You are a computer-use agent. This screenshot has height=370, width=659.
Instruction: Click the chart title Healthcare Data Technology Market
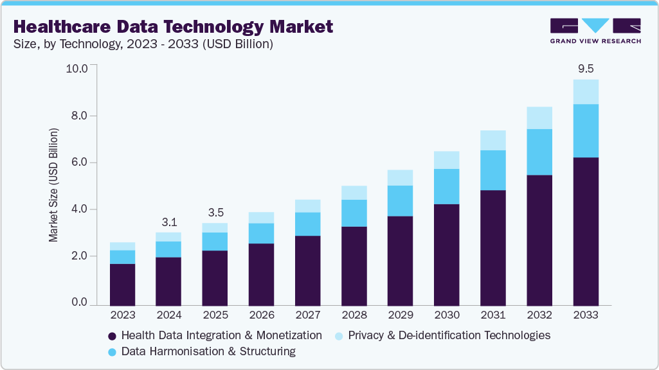tap(173, 26)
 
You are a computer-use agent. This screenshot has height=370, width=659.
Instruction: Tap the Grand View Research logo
tap(595, 31)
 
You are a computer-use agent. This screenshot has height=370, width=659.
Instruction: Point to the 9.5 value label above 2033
tap(586, 68)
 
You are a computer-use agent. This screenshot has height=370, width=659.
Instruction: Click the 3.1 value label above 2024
tap(168, 222)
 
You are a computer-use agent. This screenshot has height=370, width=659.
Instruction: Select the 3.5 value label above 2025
tap(215, 213)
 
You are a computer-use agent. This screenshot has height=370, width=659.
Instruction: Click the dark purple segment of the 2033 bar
tap(586, 231)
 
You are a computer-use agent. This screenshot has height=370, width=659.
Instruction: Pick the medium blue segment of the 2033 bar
tap(586, 130)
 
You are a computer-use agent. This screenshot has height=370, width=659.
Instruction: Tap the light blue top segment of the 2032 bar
tap(539, 118)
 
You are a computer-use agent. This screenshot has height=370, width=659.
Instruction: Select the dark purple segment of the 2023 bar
tap(122, 284)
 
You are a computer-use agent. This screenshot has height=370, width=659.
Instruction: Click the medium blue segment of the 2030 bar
tap(447, 186)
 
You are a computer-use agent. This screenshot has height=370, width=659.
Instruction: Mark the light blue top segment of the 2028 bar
tap(354, 193)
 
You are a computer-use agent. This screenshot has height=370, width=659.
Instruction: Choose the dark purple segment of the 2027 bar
tap(307, 270)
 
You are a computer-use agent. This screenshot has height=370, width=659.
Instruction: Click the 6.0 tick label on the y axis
tap(79, 163)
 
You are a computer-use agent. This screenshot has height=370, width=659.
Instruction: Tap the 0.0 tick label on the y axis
tap(79, 303)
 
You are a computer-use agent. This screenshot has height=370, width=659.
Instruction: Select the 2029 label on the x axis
tap(401, 315)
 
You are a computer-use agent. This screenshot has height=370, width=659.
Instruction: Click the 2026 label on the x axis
tap(261, 315)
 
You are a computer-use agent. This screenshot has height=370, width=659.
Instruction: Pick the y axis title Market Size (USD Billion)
tap(53, 185)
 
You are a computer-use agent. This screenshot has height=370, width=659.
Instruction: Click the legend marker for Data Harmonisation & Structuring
tap(112, 352)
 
